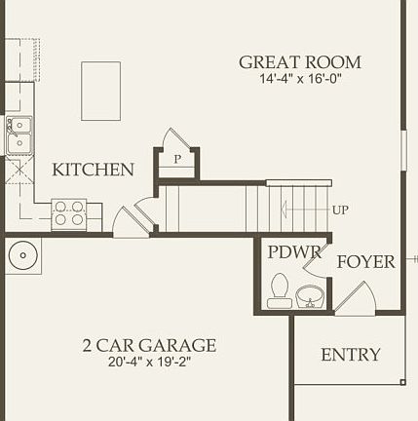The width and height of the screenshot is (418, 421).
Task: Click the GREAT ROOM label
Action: point(300,62)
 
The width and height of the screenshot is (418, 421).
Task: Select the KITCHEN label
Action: point(94,170)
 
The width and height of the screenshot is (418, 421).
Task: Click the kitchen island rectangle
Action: point(100,91)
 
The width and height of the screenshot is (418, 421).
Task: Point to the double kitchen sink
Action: point(19,134)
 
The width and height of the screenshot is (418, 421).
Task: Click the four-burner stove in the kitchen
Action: point(68,213)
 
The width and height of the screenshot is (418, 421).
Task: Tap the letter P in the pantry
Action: point(178,159)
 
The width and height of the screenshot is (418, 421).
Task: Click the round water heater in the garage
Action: point(23,256)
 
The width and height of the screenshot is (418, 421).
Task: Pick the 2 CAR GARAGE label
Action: point(149,346)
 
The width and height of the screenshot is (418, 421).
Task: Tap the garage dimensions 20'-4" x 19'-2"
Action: point(149,364)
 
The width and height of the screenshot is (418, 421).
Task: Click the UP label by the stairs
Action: point(340,210)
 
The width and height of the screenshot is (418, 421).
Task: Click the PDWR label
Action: point(293,252)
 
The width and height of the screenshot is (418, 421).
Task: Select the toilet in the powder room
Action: point(280,290)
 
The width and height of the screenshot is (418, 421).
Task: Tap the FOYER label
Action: point(365,261)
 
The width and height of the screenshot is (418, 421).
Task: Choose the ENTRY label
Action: point(351,354)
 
